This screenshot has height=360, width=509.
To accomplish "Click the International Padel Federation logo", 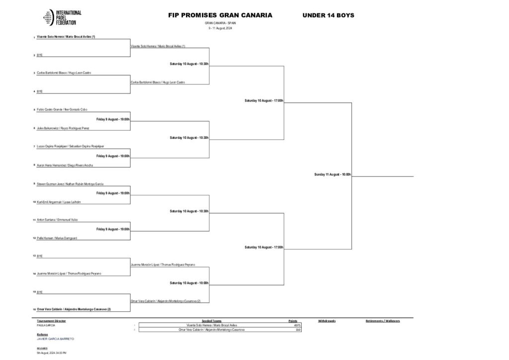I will (63, 18).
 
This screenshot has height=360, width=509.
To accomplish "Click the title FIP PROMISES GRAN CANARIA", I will (220, 15).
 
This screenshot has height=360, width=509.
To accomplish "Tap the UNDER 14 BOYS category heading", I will (328, 15).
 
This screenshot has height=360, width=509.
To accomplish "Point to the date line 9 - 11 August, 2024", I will (220, 28).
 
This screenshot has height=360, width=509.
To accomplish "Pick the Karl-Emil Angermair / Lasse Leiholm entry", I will (59, 202).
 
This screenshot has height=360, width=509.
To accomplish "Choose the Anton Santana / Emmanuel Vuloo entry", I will (57, 220).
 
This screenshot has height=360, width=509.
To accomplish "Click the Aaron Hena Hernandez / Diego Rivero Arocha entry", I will (65, 165).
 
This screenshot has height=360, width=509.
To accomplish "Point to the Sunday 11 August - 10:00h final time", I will (333, 175).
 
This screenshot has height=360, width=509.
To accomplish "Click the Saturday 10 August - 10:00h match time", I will (189, 283).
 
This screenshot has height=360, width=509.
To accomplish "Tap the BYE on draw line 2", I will (40, 55).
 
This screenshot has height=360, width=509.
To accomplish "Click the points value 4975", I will (297, 325).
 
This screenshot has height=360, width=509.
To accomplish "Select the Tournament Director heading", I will (51, 321).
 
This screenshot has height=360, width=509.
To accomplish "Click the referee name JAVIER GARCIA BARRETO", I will (55, 339).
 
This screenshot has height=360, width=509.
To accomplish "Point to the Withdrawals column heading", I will (327, 321).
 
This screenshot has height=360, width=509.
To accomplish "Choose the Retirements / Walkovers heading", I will (382, 321).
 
